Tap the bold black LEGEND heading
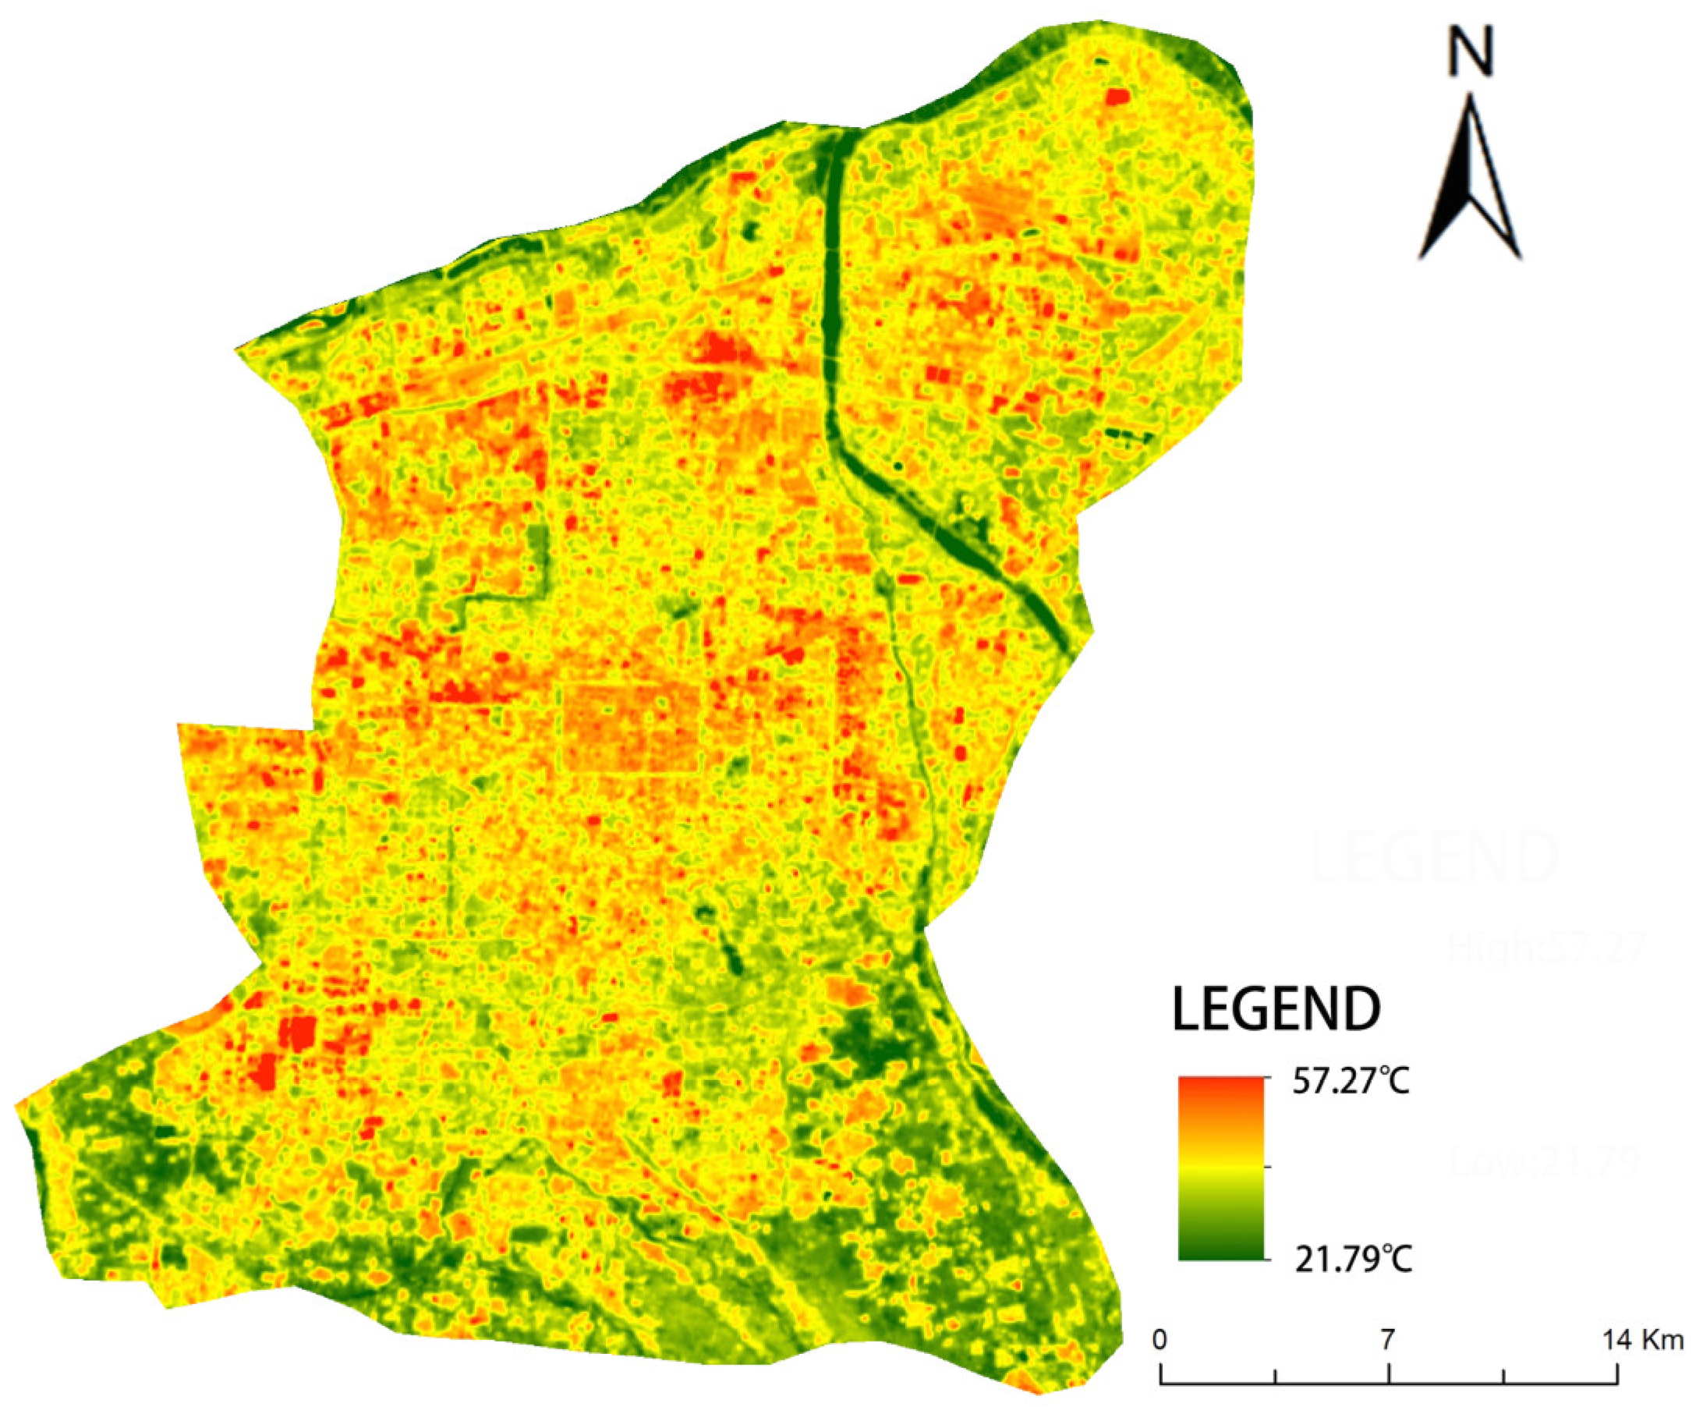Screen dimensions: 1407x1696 [1276, 1009]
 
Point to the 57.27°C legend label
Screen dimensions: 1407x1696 [1351, 1082]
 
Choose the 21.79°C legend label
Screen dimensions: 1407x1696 [1354, 1258]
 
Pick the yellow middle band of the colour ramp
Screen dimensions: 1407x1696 [1220, 1168]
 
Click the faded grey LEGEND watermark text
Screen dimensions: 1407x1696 [1434, 859]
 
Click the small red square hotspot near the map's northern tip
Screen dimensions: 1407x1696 [1117, 97]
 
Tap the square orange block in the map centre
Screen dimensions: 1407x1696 [630, 728]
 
